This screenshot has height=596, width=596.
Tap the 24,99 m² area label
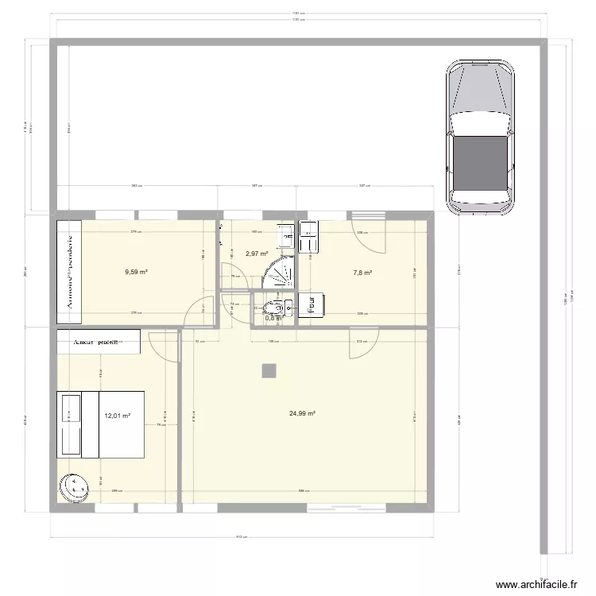(x=303, y=413)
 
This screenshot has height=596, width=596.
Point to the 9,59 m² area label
(x=137, y=272)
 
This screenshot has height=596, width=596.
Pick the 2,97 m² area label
(x=256, y=254)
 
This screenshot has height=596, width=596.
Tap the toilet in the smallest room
(x=273, y=309)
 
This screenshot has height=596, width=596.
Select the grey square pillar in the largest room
(x=270, y=370)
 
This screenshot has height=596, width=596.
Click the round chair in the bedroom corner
(x=76, y=486)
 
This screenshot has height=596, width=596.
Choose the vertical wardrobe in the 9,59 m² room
(x=69, y=272)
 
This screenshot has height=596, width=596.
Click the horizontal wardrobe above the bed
(x=99, y=342)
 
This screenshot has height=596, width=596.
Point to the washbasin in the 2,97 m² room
(x=284, y=237)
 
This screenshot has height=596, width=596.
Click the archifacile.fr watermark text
(x=538, y=585)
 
